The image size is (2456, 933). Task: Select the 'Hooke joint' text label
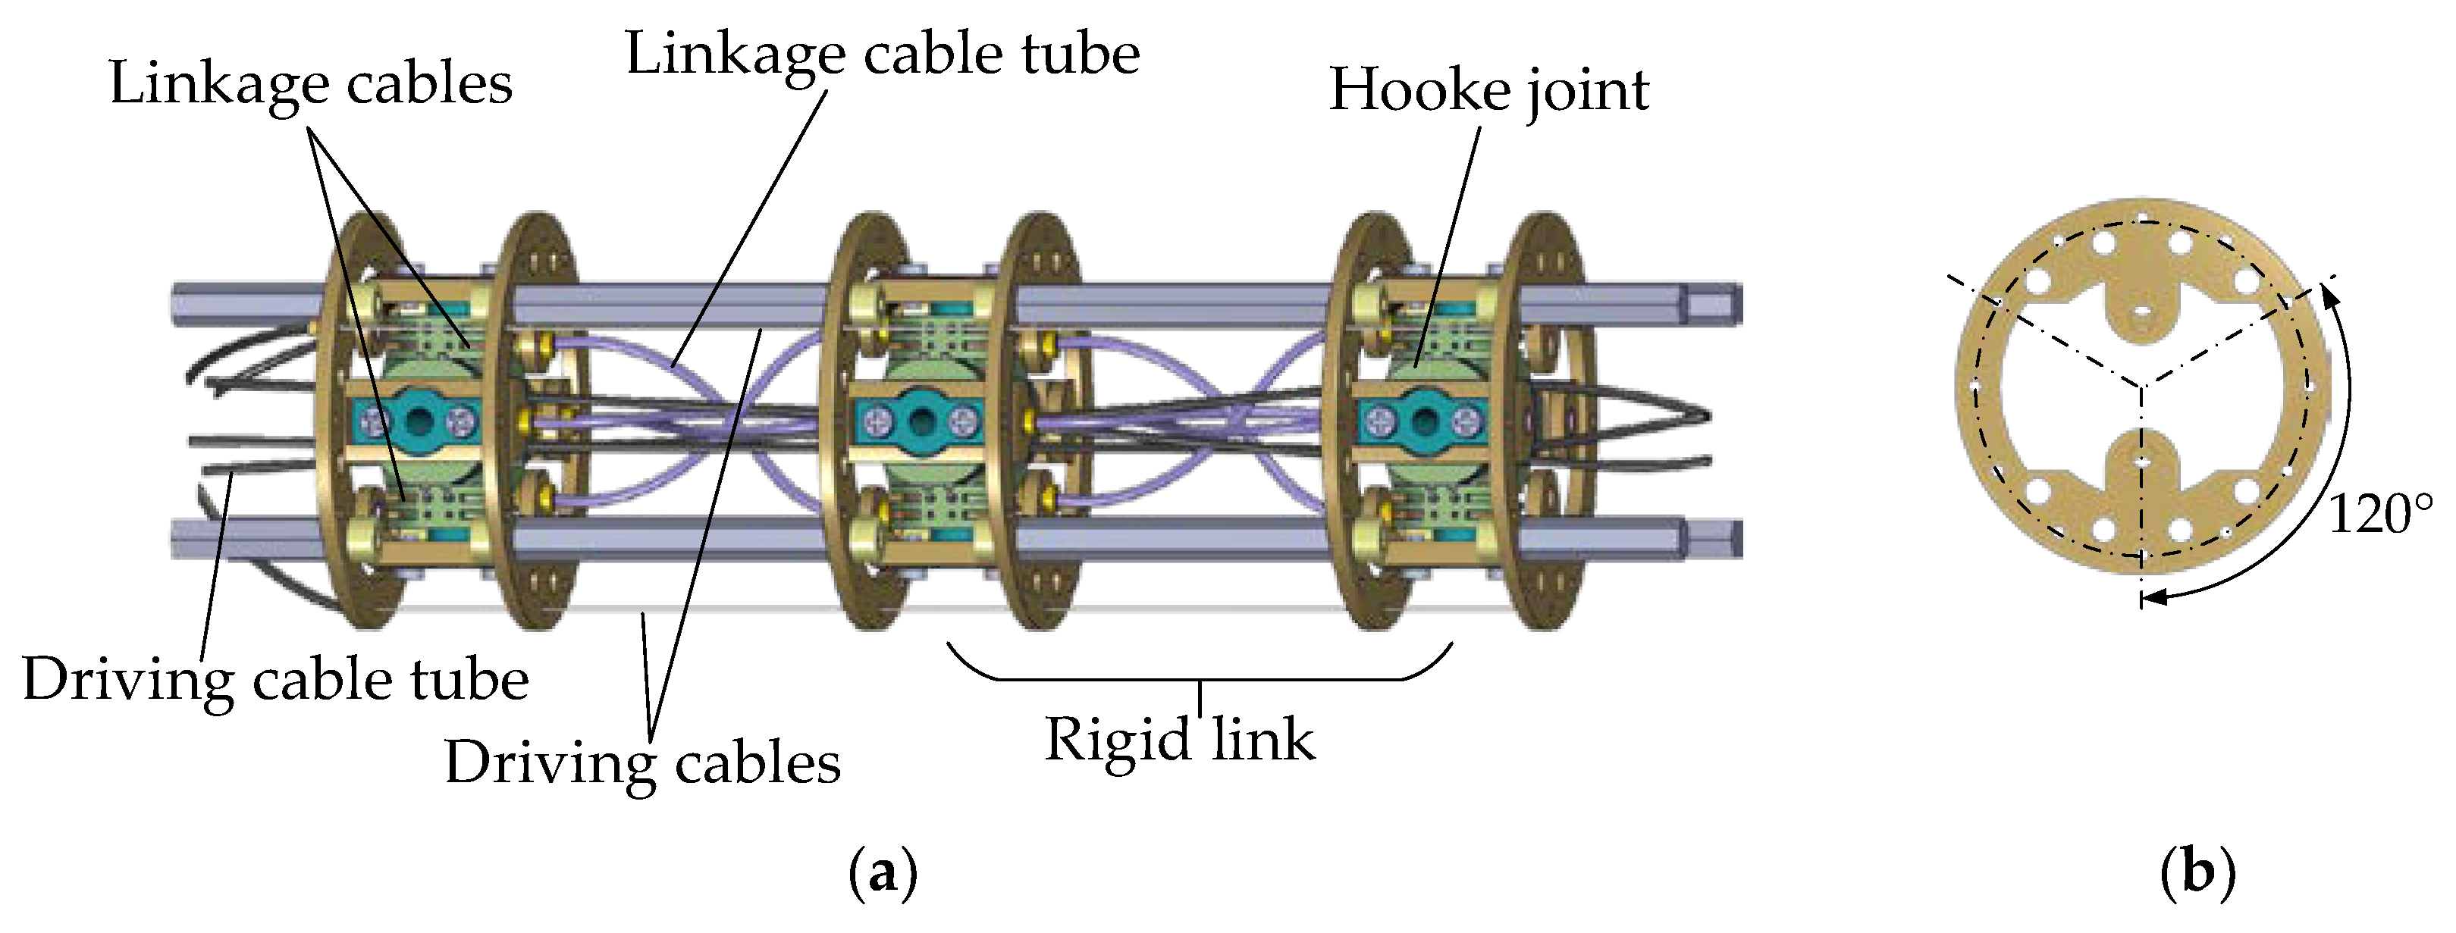point(1488,90)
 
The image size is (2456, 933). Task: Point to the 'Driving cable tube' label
point(274,681)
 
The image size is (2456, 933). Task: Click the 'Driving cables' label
point(642,763)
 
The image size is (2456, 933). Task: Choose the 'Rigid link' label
point(1179,740)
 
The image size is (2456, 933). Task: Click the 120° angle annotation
point(2379,515)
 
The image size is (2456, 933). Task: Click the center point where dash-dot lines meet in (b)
point(2142,386)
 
